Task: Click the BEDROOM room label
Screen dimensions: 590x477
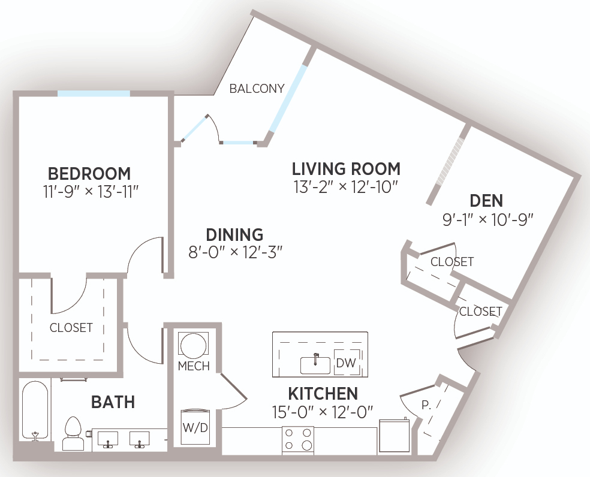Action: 89,174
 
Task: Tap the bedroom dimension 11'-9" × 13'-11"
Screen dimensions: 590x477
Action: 91,192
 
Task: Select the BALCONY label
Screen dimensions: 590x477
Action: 257,89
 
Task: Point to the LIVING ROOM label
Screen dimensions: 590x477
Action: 346,169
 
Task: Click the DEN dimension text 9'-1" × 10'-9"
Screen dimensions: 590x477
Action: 488,219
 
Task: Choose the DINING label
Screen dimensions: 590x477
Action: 234,235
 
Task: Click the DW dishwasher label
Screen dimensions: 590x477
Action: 346,363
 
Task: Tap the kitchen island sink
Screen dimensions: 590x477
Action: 315,364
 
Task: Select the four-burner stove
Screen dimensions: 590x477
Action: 298,439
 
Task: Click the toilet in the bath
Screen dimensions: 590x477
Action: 73,434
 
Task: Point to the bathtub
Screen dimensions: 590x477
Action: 35,411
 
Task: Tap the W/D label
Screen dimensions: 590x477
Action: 195,428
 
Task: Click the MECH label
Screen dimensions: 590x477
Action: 194,366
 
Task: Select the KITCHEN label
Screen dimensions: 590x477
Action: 323,394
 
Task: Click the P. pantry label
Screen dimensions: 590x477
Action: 426,405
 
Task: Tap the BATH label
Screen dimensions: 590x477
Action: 113,403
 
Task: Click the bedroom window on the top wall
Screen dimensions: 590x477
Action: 94,93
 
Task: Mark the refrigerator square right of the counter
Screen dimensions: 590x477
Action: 395,436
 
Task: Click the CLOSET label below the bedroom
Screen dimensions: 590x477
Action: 71,328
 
